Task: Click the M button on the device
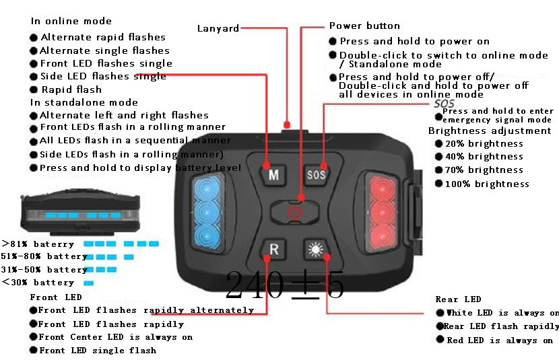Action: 273,174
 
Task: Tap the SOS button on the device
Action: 317,174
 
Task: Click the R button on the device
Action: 273,249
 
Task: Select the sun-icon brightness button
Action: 316,249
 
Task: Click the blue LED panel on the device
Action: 207,211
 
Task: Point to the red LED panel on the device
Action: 382,212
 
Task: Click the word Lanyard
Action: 218,28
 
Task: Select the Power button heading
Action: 364,26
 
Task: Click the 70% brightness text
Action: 484,170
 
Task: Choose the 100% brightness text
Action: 487,184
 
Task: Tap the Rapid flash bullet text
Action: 71,89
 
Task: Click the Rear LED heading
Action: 458,299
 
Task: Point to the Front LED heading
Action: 56,297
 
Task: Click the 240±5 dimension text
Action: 284,285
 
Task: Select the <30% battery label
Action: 38,283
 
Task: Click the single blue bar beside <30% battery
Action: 89,283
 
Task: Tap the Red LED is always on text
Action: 500,340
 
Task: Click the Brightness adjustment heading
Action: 490,131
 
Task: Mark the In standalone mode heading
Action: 84,102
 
